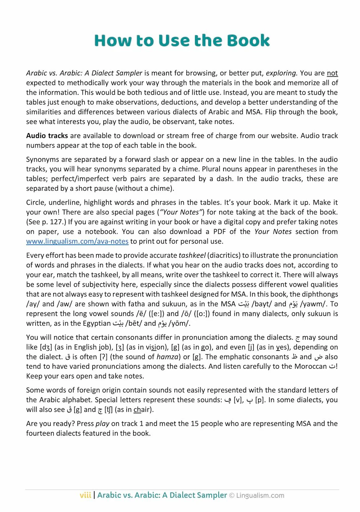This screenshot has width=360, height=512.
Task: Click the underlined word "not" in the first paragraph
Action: click(x=332, y=73)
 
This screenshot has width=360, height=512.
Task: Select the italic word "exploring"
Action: click(x=282, y=73)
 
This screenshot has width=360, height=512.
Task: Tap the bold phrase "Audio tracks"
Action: click(x=47, y=136)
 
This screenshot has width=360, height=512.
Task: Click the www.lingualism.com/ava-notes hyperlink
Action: click(x=77, y=241)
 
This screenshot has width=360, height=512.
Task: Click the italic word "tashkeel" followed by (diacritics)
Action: click(x=192, y=255)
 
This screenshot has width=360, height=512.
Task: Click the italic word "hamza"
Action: click(x=167, y=357)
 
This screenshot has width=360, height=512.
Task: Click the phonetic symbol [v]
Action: click(x=237, y=400)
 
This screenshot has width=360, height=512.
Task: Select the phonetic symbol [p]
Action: click(x=260, y=400)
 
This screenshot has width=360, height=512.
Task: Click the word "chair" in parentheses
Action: click(x=142, y=410)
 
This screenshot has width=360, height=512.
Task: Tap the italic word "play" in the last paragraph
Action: click(x=102, y=424)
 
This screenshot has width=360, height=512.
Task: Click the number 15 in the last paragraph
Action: click(x=194, y=424)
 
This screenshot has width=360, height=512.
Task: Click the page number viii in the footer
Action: click(x=85, y=495)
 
